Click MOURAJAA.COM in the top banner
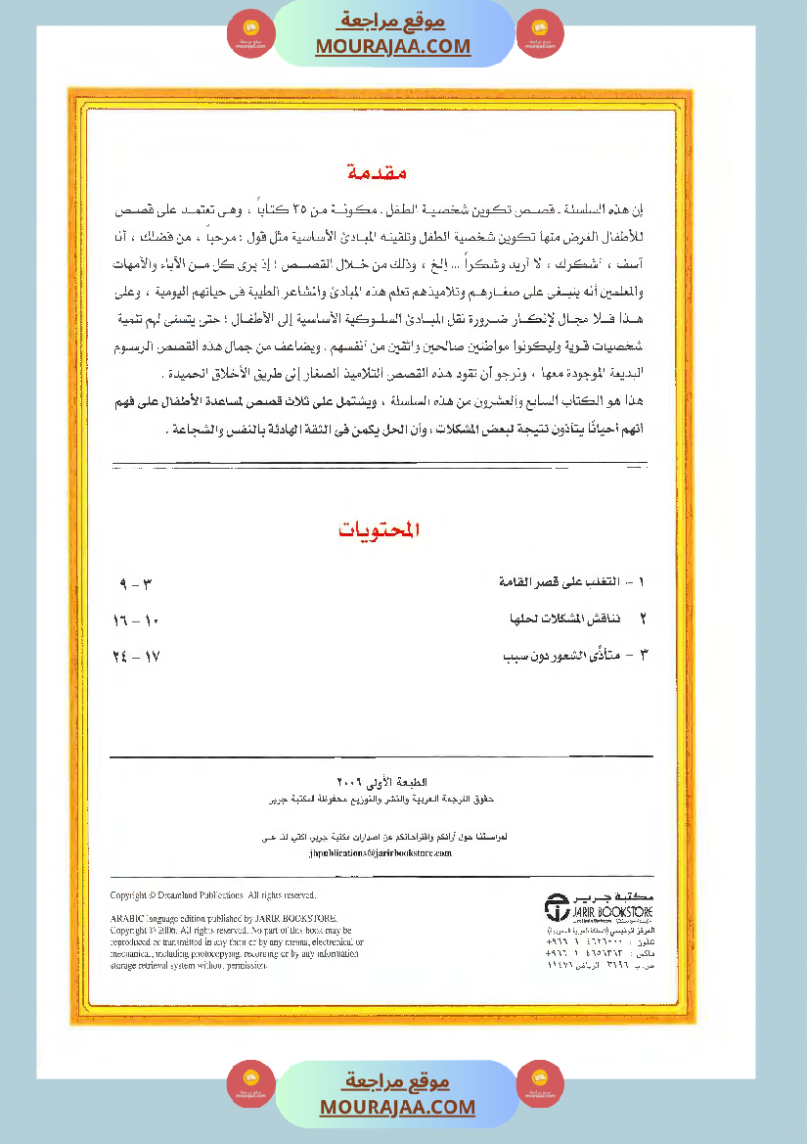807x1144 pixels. (x=393, y=46)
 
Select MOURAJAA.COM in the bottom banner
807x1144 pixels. (x=397, y=1107)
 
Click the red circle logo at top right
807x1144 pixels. (x=540, y=34)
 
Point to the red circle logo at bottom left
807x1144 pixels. (x=250, y=1083)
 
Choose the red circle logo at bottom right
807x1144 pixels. (x=540, y=1083)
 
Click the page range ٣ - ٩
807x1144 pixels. (x=137, y=584)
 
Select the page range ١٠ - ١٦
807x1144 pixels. (x=136, y=620)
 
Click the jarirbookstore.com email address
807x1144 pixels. (x=380, y=853)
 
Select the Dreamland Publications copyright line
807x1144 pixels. (x=212, y=895)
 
